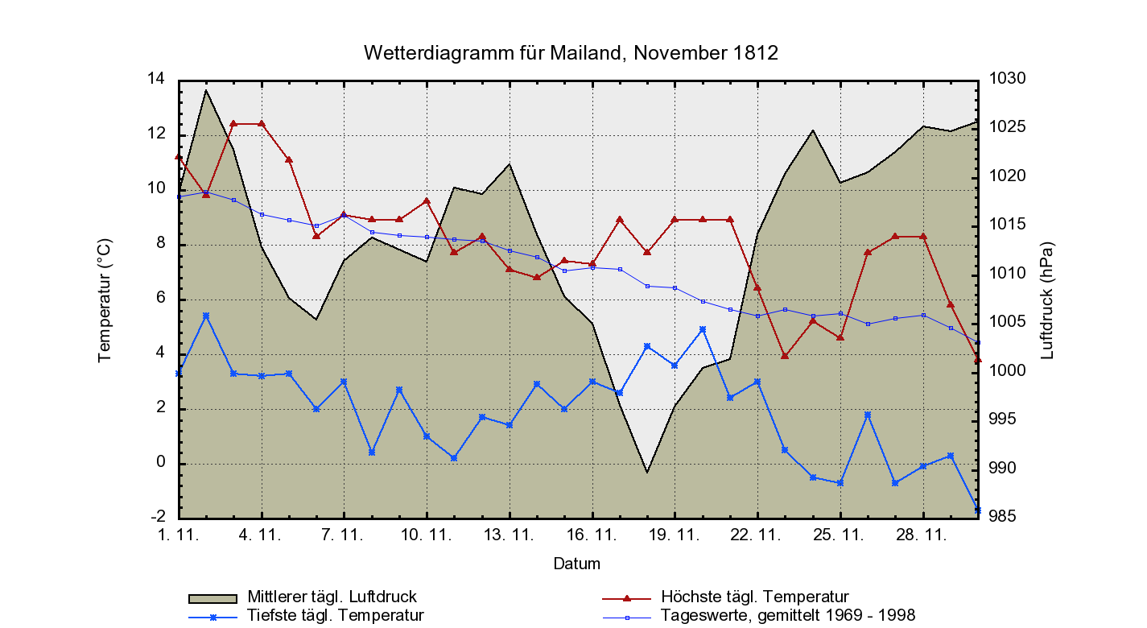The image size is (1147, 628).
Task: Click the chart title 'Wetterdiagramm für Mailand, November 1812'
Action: pyautogui.click(x=571, y=53)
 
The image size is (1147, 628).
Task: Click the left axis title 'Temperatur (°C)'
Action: pyautogui.click(x=105, y=300)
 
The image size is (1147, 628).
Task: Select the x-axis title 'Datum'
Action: pyautogui.click(x=576, y=564)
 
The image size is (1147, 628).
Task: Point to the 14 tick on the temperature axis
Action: pyautogui.click(x=155, y=79)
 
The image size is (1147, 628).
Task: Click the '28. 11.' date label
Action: pyautogui.click(x=922, y=534)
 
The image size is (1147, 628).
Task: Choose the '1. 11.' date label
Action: pyautogui.click(x=178, y=534)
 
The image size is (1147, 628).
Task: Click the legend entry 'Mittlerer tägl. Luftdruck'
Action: pyautogui.click(x=332, y=597)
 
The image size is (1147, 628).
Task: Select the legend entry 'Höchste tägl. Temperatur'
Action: pyautogui.click(x=754, y=597)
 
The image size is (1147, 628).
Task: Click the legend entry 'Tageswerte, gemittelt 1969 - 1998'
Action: pyautogui.click(x=787, y=616)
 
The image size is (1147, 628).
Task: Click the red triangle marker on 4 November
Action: pyautogui.click(x=262, y=124)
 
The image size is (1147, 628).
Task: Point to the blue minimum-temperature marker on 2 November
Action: pyautogui.click(x=206, y=316)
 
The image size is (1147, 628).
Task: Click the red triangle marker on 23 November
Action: pyautogui.click(x=785, y=355)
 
